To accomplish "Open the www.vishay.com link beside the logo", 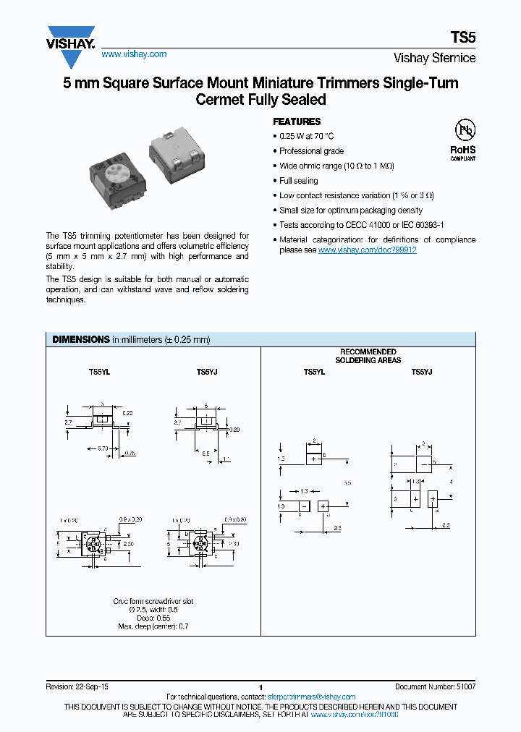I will [134, 54].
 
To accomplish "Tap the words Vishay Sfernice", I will [434, 58].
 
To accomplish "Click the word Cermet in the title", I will [220, 100].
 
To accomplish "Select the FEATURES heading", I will [296, 122].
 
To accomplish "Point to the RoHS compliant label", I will [463, 152].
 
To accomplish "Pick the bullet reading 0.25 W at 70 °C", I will [307, 136].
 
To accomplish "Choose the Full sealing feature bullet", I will [298, 181].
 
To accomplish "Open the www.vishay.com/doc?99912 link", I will [367, 250].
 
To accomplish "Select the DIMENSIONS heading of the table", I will [80, 339].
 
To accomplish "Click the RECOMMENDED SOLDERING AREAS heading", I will [368, 356].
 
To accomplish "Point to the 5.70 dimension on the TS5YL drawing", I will [103, 448].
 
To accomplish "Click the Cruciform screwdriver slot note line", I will [153, 601].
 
